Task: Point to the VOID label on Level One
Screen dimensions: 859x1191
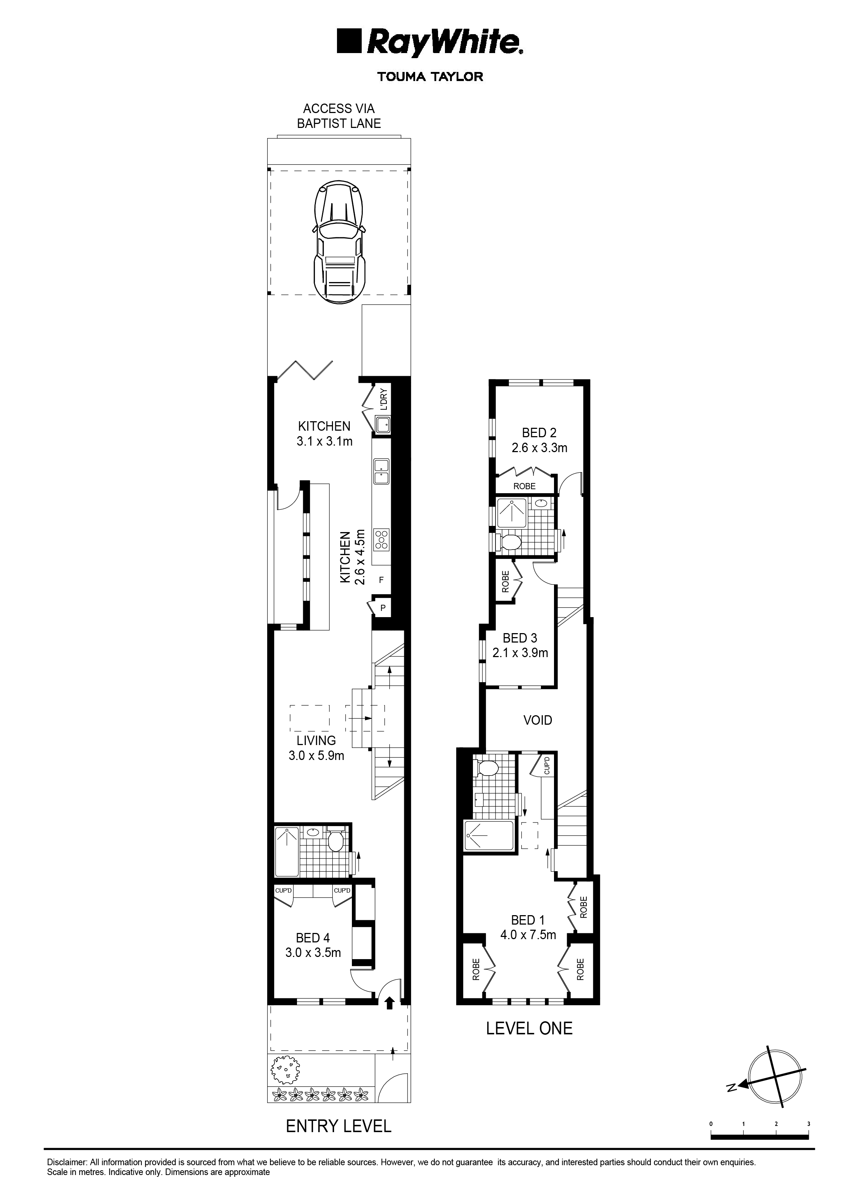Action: coord(538,719)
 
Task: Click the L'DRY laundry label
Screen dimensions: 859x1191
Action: coord(384,399)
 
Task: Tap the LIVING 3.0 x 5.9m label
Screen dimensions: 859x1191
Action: coord(316,748)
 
